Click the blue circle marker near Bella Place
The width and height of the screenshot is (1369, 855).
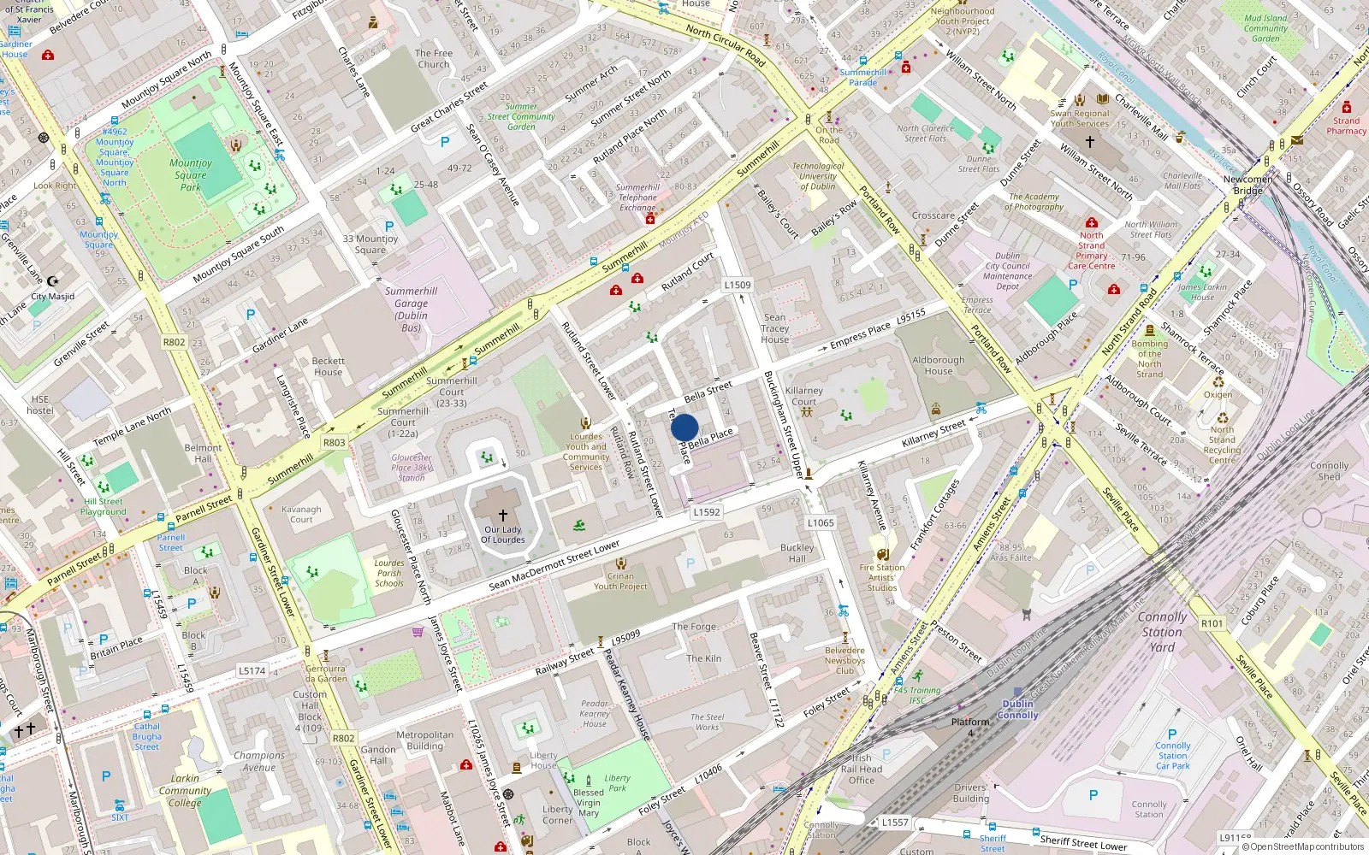pos(684,427)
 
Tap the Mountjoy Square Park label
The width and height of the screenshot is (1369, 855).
pos(191,174)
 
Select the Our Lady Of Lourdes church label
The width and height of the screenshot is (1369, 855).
pos(503,534)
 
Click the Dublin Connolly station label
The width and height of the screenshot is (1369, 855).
pos(1017,710)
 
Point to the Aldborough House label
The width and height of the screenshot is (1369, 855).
pos(938,366)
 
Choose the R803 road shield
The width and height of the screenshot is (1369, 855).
pos(334,442)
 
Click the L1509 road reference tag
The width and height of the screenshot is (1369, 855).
pos(737,286)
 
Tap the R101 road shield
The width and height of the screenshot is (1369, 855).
pos(1212,623)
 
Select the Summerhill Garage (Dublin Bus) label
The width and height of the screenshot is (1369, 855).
pos(411,309)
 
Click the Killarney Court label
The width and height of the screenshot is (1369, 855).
pos(803,396)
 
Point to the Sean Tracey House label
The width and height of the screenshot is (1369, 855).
pos(774,328)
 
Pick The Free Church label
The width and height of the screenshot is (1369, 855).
pos(434,59)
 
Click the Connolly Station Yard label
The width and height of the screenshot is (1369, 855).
pos(1162,632)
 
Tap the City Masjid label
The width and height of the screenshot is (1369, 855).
pos(53,297)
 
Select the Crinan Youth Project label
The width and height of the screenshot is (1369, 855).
pos(620,581)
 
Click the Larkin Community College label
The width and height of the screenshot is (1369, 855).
pos(185,791)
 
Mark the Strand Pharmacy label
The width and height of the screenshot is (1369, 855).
pos(1346,126)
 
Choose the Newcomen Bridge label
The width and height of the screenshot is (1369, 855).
pos(1248,185)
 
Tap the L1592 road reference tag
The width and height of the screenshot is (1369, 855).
pos(707,512)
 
